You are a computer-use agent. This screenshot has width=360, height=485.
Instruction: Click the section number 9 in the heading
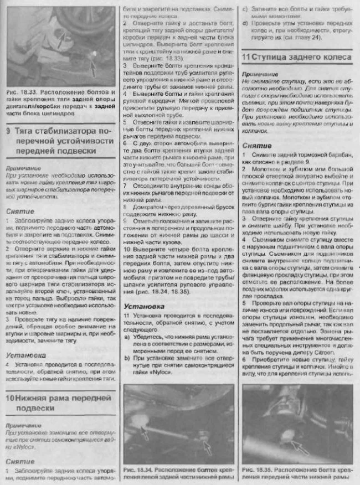click(x=9, y=132)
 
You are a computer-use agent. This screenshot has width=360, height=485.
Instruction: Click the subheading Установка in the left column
click(x=26, y=355)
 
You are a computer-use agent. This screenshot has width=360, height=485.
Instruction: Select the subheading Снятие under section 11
click(x=256, y=145)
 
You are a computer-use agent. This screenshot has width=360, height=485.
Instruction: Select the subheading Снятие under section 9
click(x=20, y=211)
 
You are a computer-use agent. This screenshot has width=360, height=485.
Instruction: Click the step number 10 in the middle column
click(x=127, y=249)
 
